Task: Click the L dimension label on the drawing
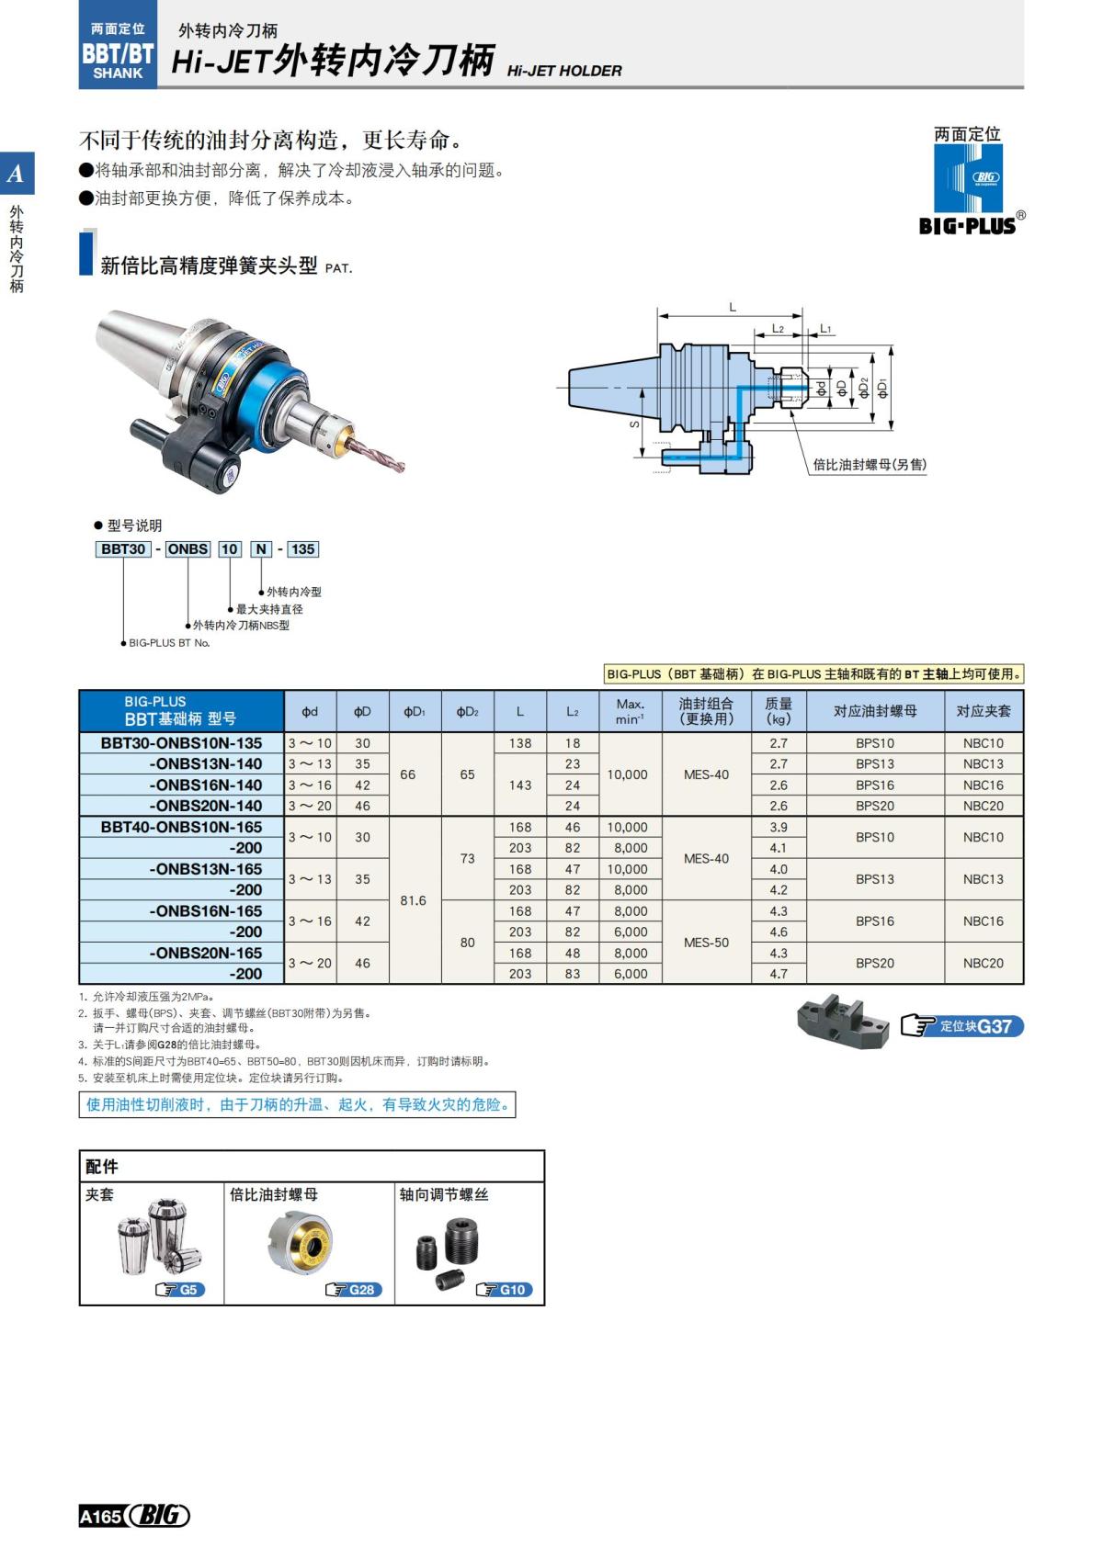pyautogui.click(x=733, y=307)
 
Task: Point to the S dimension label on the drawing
pyautogui.click(x=634, y=424)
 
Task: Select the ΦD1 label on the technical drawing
pyautogui.click(x=883, y=388)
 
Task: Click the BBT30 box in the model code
pyautogui.click(x=123, y=548)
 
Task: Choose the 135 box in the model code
pyautogui.click(x=302, y=548)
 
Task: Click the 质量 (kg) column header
pyautogui.click(x=778, y=710)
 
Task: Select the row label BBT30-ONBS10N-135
pyautogui.click(x=181, y=742)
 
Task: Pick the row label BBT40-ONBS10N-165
pyautogui.click(x=181, y=827)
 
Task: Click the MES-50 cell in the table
pyautogui.click(x=706, y=942)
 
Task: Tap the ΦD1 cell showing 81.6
pyautogui.click(x=414, y=900)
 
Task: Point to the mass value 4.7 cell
pyautogui.click(x=778, y=974)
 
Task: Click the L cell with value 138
pyautogui.click(x=520, y=742)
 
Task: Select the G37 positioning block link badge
pyautogui.click(x=962, y=1026)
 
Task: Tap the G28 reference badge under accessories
pyautogui.click(x=354, y=1290)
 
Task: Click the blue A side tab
pyautogui.click(x=17, y=174)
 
